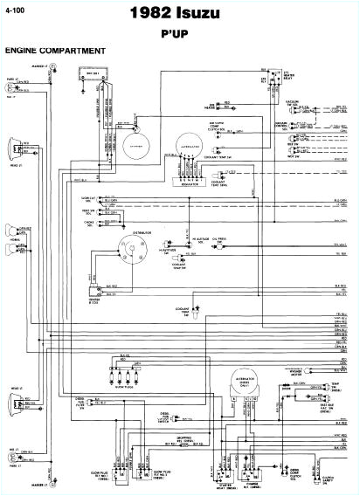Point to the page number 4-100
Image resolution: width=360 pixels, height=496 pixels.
coord(16,10)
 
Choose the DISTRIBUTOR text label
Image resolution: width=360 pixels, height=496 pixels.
coord(142,222)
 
